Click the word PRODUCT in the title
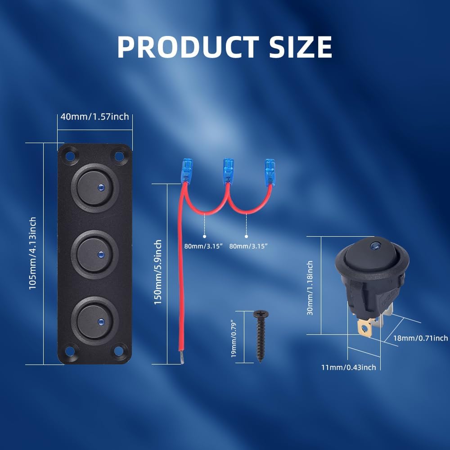[188, 47]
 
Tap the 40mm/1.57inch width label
[94, 117]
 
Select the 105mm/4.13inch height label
[33, 253]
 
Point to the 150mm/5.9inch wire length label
[158, 272]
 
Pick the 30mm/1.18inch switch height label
[310, 288]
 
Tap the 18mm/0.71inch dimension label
[420, 338]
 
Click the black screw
[260, 335]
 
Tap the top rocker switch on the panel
[94, 188]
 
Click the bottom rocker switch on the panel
[94, 321]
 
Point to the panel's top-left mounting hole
[70, 156]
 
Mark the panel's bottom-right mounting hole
[119, 351]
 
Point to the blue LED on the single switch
[374, 246]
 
